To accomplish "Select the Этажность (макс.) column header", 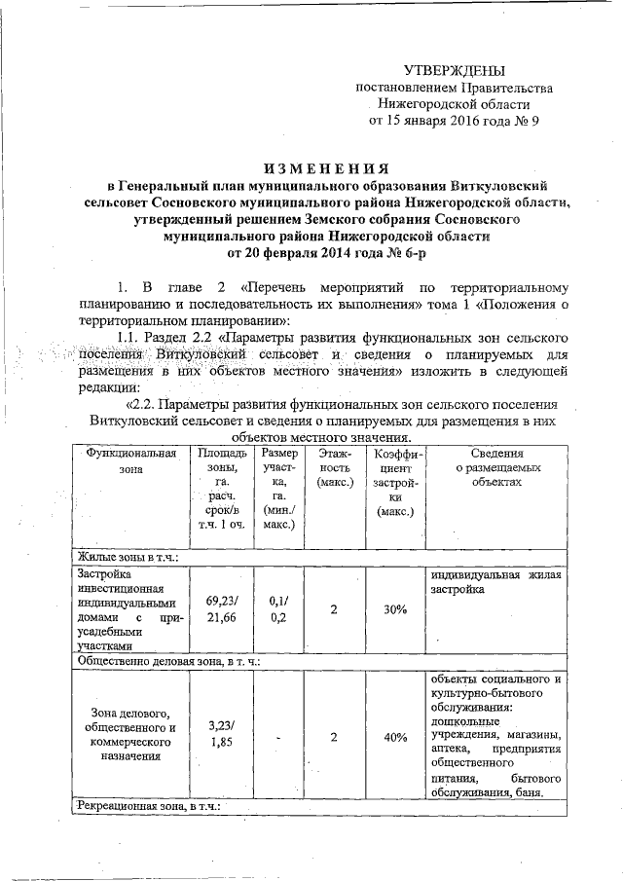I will tap(334, 468).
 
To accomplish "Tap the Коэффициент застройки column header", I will tap(394, 482).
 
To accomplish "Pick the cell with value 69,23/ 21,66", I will tap(222, 609).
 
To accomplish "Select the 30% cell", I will tap(394, 609).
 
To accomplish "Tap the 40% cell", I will tap(394, 737).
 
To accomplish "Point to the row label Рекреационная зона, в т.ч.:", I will tap(148, 808).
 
